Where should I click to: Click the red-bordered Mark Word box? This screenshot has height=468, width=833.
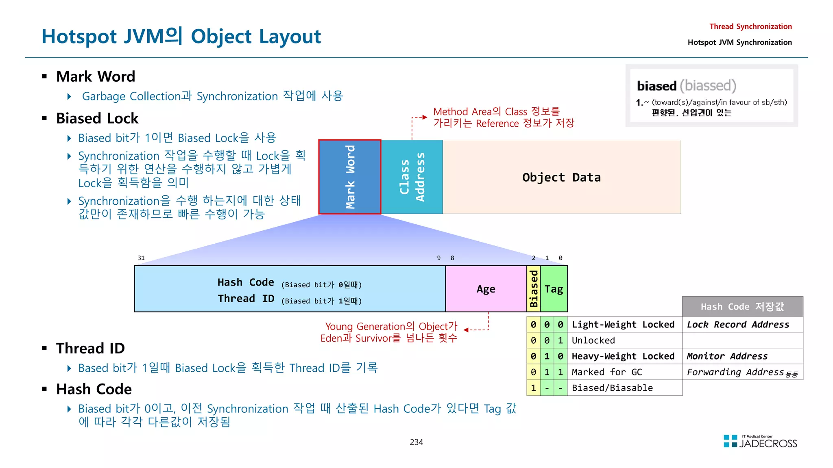click(350, 177)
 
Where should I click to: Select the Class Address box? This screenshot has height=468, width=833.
click(412, 177)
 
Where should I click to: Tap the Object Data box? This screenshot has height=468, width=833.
click(561, 177)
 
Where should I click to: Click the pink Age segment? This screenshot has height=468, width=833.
click(486, 289)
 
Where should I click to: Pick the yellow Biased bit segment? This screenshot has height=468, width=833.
click(533, 289)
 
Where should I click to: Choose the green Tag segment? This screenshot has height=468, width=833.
click(554, 289)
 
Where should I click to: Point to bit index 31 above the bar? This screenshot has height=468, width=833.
click(141, 258)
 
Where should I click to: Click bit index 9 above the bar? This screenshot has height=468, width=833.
click(438, 258)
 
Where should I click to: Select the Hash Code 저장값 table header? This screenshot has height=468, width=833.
click(742, 307)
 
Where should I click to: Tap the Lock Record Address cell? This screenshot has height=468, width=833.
click(738, 325)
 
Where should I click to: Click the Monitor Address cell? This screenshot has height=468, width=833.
click(727, 356)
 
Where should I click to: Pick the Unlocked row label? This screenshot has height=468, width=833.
click(593, 340)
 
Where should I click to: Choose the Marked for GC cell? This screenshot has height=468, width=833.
click(606, 372)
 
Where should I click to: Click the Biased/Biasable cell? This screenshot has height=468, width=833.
click(612, 388)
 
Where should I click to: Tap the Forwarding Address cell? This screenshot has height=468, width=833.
click(735, 372)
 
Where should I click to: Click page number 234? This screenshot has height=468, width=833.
click(416, 442)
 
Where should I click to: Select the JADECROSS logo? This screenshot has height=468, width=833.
click(760, 442)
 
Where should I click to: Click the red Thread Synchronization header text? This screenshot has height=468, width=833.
click(750, 26)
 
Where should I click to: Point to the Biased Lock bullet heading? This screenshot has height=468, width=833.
click(97, 118)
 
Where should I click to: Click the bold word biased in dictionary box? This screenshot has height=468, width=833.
click(656, 86)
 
